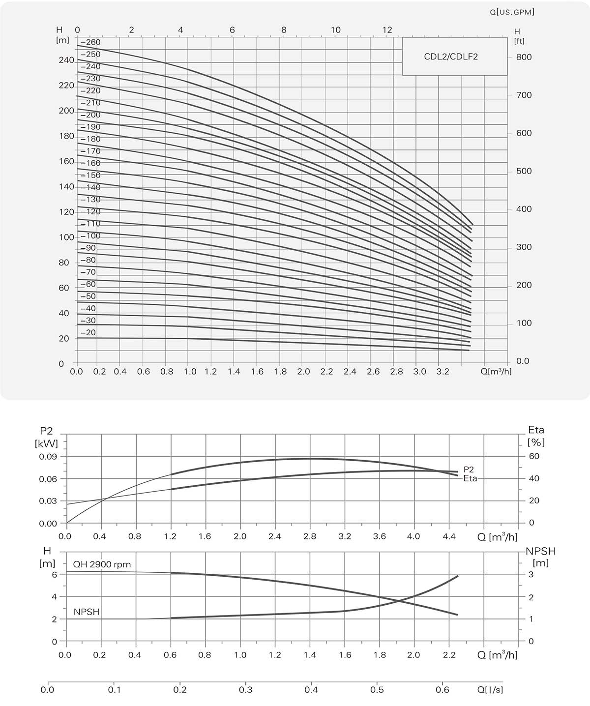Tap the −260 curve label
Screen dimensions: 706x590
point(90,42)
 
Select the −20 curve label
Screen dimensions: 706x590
point(88,333)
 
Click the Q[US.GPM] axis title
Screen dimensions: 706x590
point(511,12)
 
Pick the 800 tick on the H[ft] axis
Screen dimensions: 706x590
point(524,57)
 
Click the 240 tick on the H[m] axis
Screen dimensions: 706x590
point(66,60)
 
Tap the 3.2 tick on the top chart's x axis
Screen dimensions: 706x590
point(443,372)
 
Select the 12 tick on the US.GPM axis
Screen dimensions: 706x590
point(387,30)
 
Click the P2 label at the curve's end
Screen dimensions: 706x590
point(469,470)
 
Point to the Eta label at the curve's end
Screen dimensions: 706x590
point(470,478)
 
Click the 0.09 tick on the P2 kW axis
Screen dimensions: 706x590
point(48,456)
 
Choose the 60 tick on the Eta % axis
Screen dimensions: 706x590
point(534,456)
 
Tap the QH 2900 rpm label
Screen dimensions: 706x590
point(102,564)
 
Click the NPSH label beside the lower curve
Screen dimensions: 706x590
point(87,612)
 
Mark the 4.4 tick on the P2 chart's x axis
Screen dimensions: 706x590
point(449,536)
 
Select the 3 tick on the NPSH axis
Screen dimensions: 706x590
point(531,575)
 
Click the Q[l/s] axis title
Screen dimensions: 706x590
point(490,690)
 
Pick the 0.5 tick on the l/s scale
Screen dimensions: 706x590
point(377,690)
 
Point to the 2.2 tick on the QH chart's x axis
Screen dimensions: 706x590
point(449,655)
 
